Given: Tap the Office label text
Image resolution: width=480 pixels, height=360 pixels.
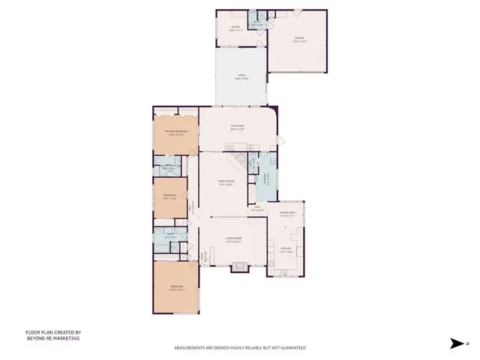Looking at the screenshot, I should tap(235, 28).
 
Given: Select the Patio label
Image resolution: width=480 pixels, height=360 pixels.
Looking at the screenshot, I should tap(241, 76).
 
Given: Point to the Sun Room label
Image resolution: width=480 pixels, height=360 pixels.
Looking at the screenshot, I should tap(238, 127).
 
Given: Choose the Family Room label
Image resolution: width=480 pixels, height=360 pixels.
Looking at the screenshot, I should tap(226, 181).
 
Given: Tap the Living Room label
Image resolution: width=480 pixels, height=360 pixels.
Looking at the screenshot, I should tap(235, 239).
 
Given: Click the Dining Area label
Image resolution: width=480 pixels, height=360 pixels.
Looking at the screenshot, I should tap(288, 214).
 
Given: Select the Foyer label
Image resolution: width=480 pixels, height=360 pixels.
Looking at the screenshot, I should tap(202, 256).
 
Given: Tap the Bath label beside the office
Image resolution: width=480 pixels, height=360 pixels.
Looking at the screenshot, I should tap(258, 24).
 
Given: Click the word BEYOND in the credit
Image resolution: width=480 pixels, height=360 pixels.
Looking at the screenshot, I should tap(36, 338).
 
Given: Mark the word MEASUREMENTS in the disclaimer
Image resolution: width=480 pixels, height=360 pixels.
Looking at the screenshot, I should tap(192, 348).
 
